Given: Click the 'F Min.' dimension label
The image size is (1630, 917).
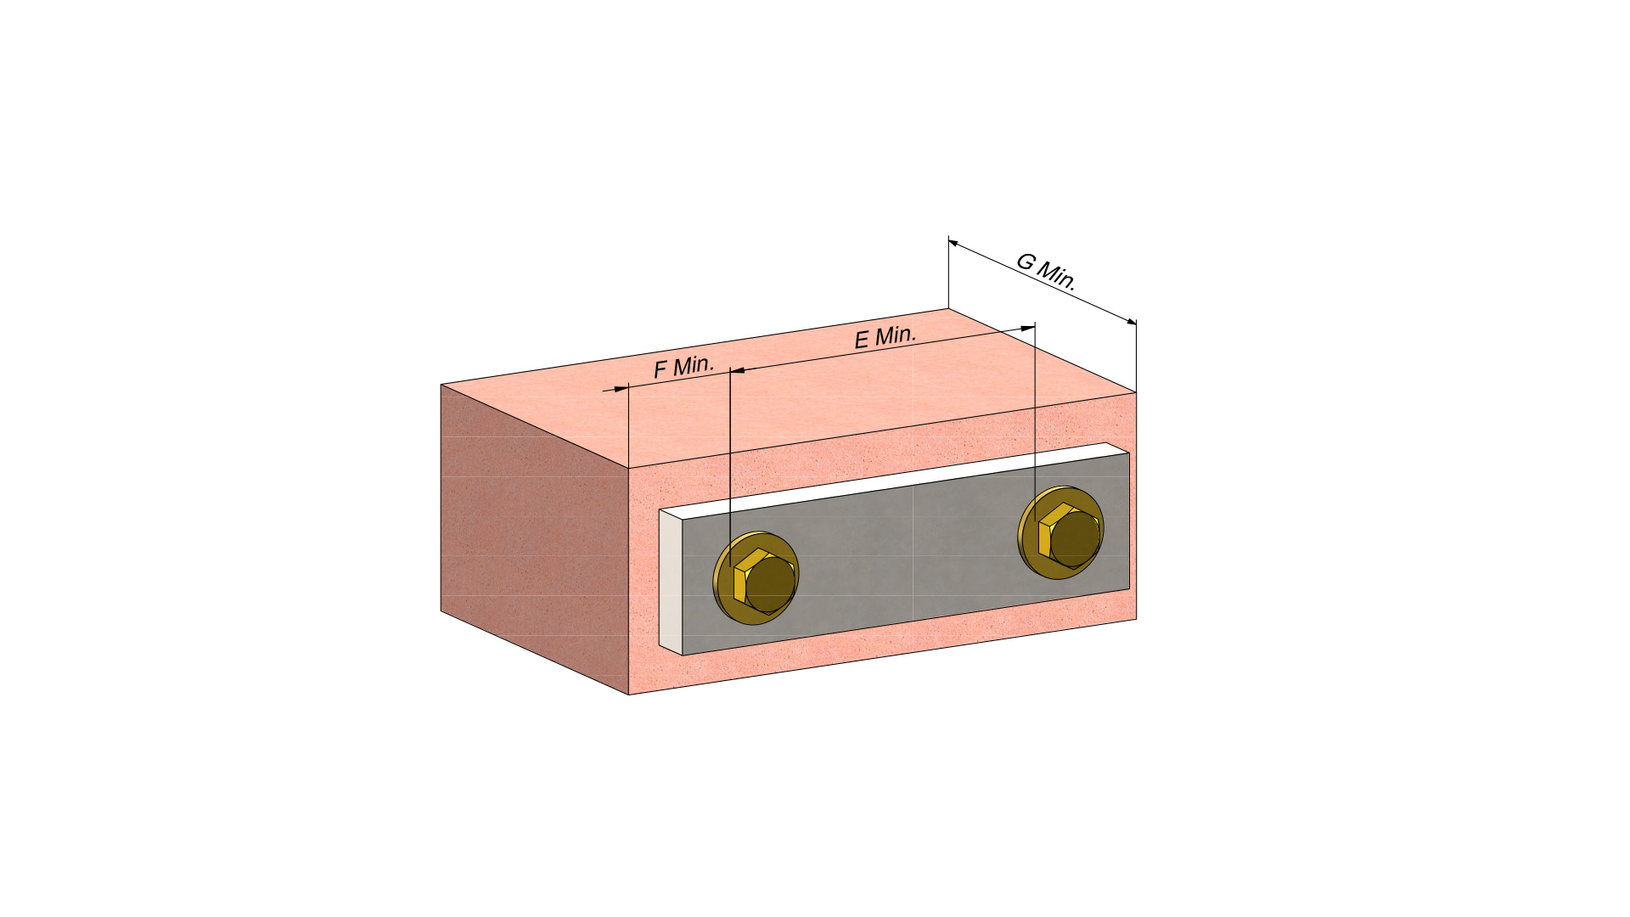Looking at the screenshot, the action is [683, 367].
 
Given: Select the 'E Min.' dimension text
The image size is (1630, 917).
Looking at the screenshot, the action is [885, 337].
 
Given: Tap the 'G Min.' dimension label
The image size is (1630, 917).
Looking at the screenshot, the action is [1047, 272].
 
